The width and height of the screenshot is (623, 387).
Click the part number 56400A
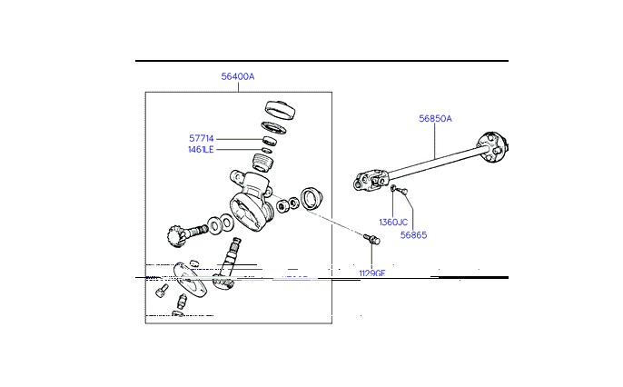click(238, 77)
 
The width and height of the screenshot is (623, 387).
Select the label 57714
click(201, 138)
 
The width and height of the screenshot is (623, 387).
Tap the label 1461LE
click(201, 149)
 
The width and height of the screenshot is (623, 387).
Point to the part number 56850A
click(435, 118)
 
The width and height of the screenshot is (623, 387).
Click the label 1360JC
click(392, 222)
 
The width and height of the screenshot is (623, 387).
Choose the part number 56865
click(413, 234)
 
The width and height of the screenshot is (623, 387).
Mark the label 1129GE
click(372, 272)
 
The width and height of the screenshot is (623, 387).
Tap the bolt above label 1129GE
click(370, 241)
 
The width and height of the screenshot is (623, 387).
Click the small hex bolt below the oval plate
click(162, 290)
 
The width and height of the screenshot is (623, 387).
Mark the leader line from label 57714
click(239, 139)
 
